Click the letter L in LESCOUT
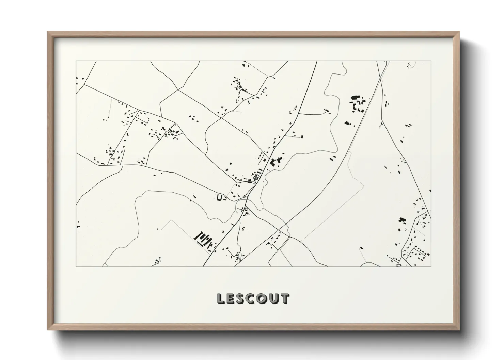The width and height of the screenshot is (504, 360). (221, 299)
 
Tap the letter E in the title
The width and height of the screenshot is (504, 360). (231, 299)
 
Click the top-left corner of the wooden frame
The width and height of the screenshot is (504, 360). (48, 32)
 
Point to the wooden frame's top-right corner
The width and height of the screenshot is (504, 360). (459, 32)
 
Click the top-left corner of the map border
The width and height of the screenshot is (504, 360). (76, 61)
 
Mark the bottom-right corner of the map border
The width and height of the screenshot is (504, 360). (431, 266)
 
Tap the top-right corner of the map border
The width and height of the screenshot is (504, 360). (431, 61)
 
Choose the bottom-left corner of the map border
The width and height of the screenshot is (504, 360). (76, 266)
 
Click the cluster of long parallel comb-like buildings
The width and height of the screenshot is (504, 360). (203, 239)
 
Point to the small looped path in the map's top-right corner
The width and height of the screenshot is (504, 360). (410, 65)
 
